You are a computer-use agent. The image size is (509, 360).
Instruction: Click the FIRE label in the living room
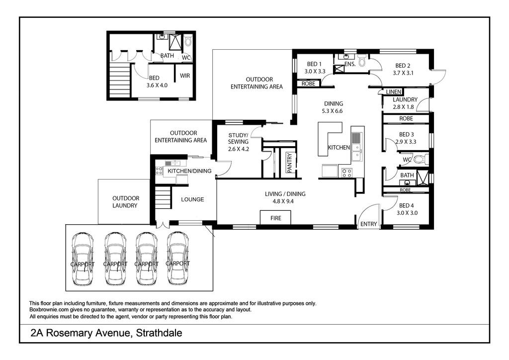pos(275,218)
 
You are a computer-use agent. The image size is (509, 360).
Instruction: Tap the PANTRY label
pos(289,163)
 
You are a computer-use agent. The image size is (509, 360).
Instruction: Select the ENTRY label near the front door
pos(368,224)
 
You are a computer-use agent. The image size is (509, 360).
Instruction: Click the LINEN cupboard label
pos(393,92)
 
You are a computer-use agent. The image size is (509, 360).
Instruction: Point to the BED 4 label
pos(406,205)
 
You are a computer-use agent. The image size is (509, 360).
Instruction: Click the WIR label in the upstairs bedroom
pos(185,76)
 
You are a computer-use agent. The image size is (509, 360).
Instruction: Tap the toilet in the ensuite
pos(362,60)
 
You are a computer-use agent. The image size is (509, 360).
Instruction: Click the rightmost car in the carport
pos(178,259)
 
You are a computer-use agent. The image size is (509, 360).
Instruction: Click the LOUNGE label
pos(192,199)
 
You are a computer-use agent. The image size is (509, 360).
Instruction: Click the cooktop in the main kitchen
pos(346,173)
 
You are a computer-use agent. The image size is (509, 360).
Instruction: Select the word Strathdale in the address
pos(158,333)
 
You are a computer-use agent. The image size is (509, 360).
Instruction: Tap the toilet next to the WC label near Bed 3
pos(421,159)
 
